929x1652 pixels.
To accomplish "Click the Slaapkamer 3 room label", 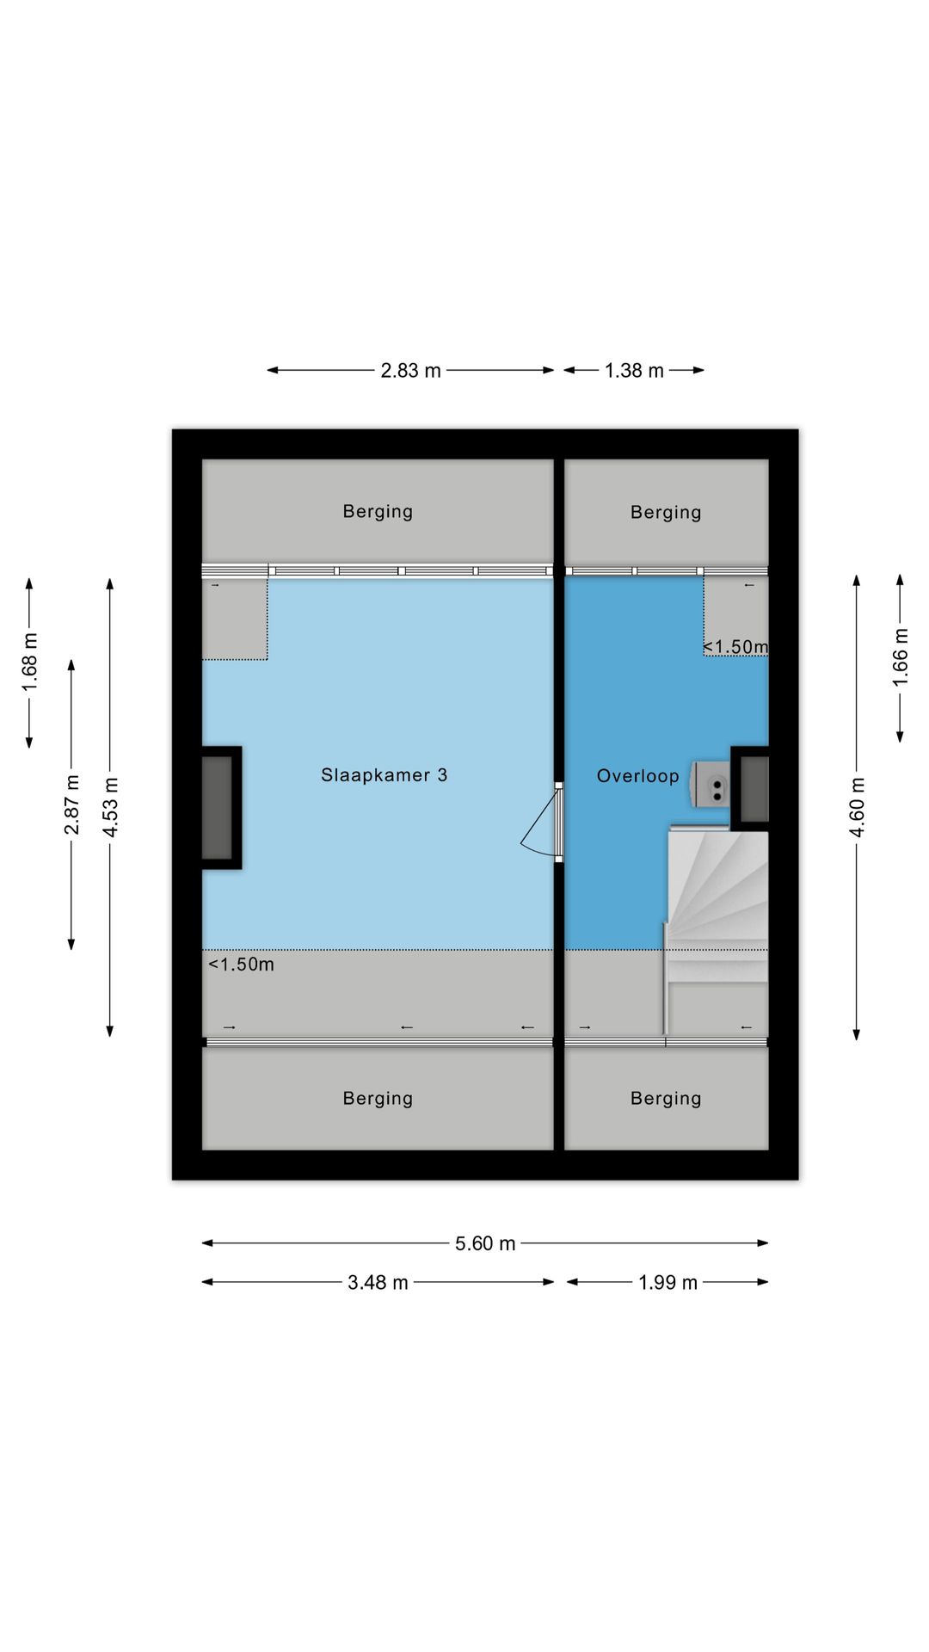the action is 384,775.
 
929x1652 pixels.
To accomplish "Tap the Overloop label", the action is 637,776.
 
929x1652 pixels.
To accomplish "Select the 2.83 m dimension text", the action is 410,371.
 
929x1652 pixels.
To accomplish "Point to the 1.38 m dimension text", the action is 634,371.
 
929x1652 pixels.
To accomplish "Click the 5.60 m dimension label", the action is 485,1243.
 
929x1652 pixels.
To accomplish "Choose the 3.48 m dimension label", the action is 378,1282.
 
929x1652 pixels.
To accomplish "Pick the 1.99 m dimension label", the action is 668,1282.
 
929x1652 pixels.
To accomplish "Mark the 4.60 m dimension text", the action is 857,806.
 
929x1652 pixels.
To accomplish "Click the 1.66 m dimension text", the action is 900,657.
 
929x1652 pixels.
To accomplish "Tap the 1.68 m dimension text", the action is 29,662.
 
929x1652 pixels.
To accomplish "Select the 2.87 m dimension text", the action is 71,804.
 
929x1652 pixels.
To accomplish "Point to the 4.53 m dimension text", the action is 110,806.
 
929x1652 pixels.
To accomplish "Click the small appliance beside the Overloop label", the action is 711,784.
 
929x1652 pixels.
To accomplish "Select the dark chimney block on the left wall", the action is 220,808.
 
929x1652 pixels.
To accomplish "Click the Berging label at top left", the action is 378,512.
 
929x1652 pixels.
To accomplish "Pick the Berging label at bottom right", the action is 666,1099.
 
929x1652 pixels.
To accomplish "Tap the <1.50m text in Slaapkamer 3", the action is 241,965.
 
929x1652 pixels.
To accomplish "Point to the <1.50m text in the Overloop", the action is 735,646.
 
